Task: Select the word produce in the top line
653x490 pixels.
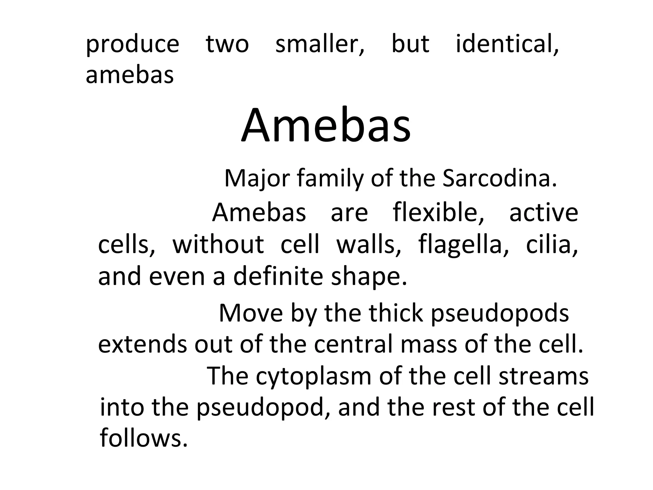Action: coord(132,45)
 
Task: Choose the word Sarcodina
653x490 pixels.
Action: coord(499,178)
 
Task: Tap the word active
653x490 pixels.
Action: coord(544,213)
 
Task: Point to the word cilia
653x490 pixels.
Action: coord(552,244)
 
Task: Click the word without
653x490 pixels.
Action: coord(218,244)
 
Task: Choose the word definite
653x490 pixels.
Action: coord(278,276)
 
